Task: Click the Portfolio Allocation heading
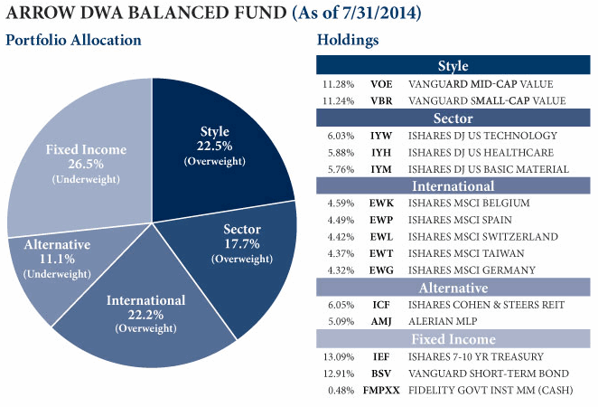(74, 41)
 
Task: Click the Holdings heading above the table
(348, 41)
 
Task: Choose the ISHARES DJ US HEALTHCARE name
(479, 152)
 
